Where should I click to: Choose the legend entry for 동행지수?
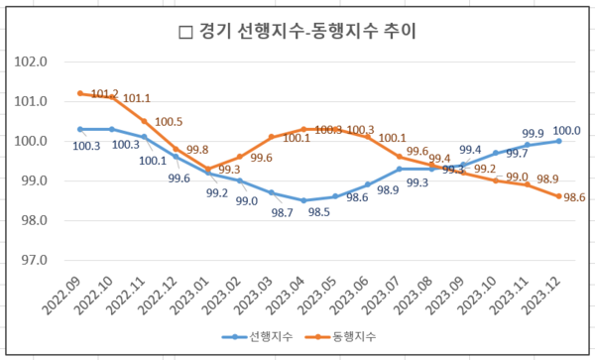tap(348, 336)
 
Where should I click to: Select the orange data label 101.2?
tap(104, 94)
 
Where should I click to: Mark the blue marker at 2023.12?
tap(559, 141)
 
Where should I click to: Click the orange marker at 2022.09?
tap(80, 93)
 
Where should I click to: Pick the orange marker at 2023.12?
tap(559, 196)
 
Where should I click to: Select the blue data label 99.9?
tap(533, 133)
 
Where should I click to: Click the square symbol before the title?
tap(183, 33)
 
